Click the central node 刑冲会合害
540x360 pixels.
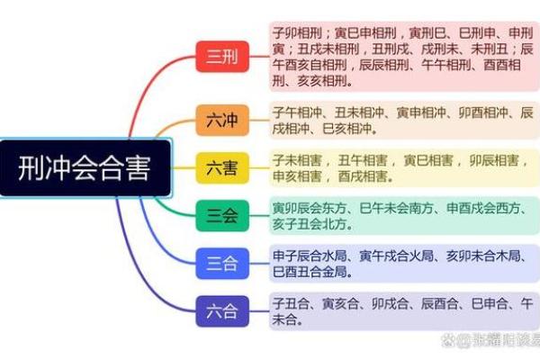pyautogui.click(x=85, y=168)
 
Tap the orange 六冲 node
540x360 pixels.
pyautogui.click(x=221, y=120)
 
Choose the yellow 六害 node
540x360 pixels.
pyautogui.click(x=221, y=167)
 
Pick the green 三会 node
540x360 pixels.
pyautogui.click(x=221, y=215)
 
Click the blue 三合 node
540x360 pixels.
pyautogui.click(x=221, y=264)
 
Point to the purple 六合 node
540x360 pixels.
pyautogui.click(x=221, y=312)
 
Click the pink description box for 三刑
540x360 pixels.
pyautogui.click(x=403, y=57)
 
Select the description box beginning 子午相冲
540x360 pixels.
pyautogui.click(x=403, y=120)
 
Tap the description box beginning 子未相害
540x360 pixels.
pyautogui.click(x=403, y=167)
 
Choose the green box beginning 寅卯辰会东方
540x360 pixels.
pyautogui.click(x=403, y=216)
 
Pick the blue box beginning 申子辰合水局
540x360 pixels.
pyautogui.click(x=403, y=264)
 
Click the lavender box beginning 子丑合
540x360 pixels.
pyautogui.click(x=403, y=310)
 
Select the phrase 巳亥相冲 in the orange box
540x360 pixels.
pyautogui.click(x=342, y=129)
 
